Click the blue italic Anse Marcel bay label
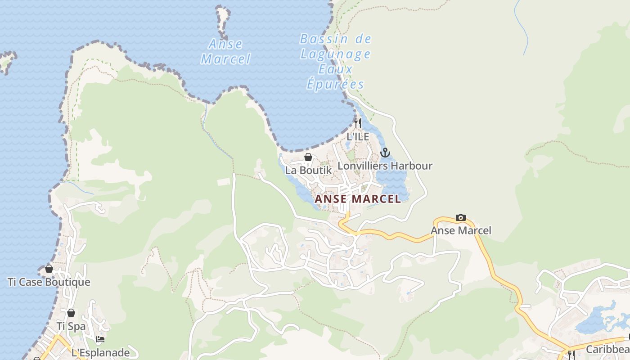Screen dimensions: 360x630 coord(225,51)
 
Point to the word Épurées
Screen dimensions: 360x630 coord(335,84)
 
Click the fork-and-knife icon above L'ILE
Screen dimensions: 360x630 coord(358,123)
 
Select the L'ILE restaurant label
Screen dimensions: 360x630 coord(358,136)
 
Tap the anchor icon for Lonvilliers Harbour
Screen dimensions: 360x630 coord(385,153)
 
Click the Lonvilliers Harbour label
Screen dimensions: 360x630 coord(385,166)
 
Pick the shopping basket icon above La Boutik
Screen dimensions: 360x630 coord(308,157)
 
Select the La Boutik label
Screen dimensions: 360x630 coord(308,171)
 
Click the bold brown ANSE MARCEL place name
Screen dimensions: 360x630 coord(358,199)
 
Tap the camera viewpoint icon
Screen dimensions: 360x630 coord(461,218)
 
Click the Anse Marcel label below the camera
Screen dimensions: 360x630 coord(461,231)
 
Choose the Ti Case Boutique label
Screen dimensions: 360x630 coord(49,282)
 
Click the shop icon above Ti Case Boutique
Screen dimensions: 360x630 coord(49,269)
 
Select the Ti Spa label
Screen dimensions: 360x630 coord(71,326)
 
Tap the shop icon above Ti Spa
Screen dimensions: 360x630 coord(71,313)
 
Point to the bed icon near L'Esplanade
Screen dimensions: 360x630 coord(100,339)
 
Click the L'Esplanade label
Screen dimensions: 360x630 coord(100,353)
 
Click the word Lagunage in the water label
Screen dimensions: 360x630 coord(335,54)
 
